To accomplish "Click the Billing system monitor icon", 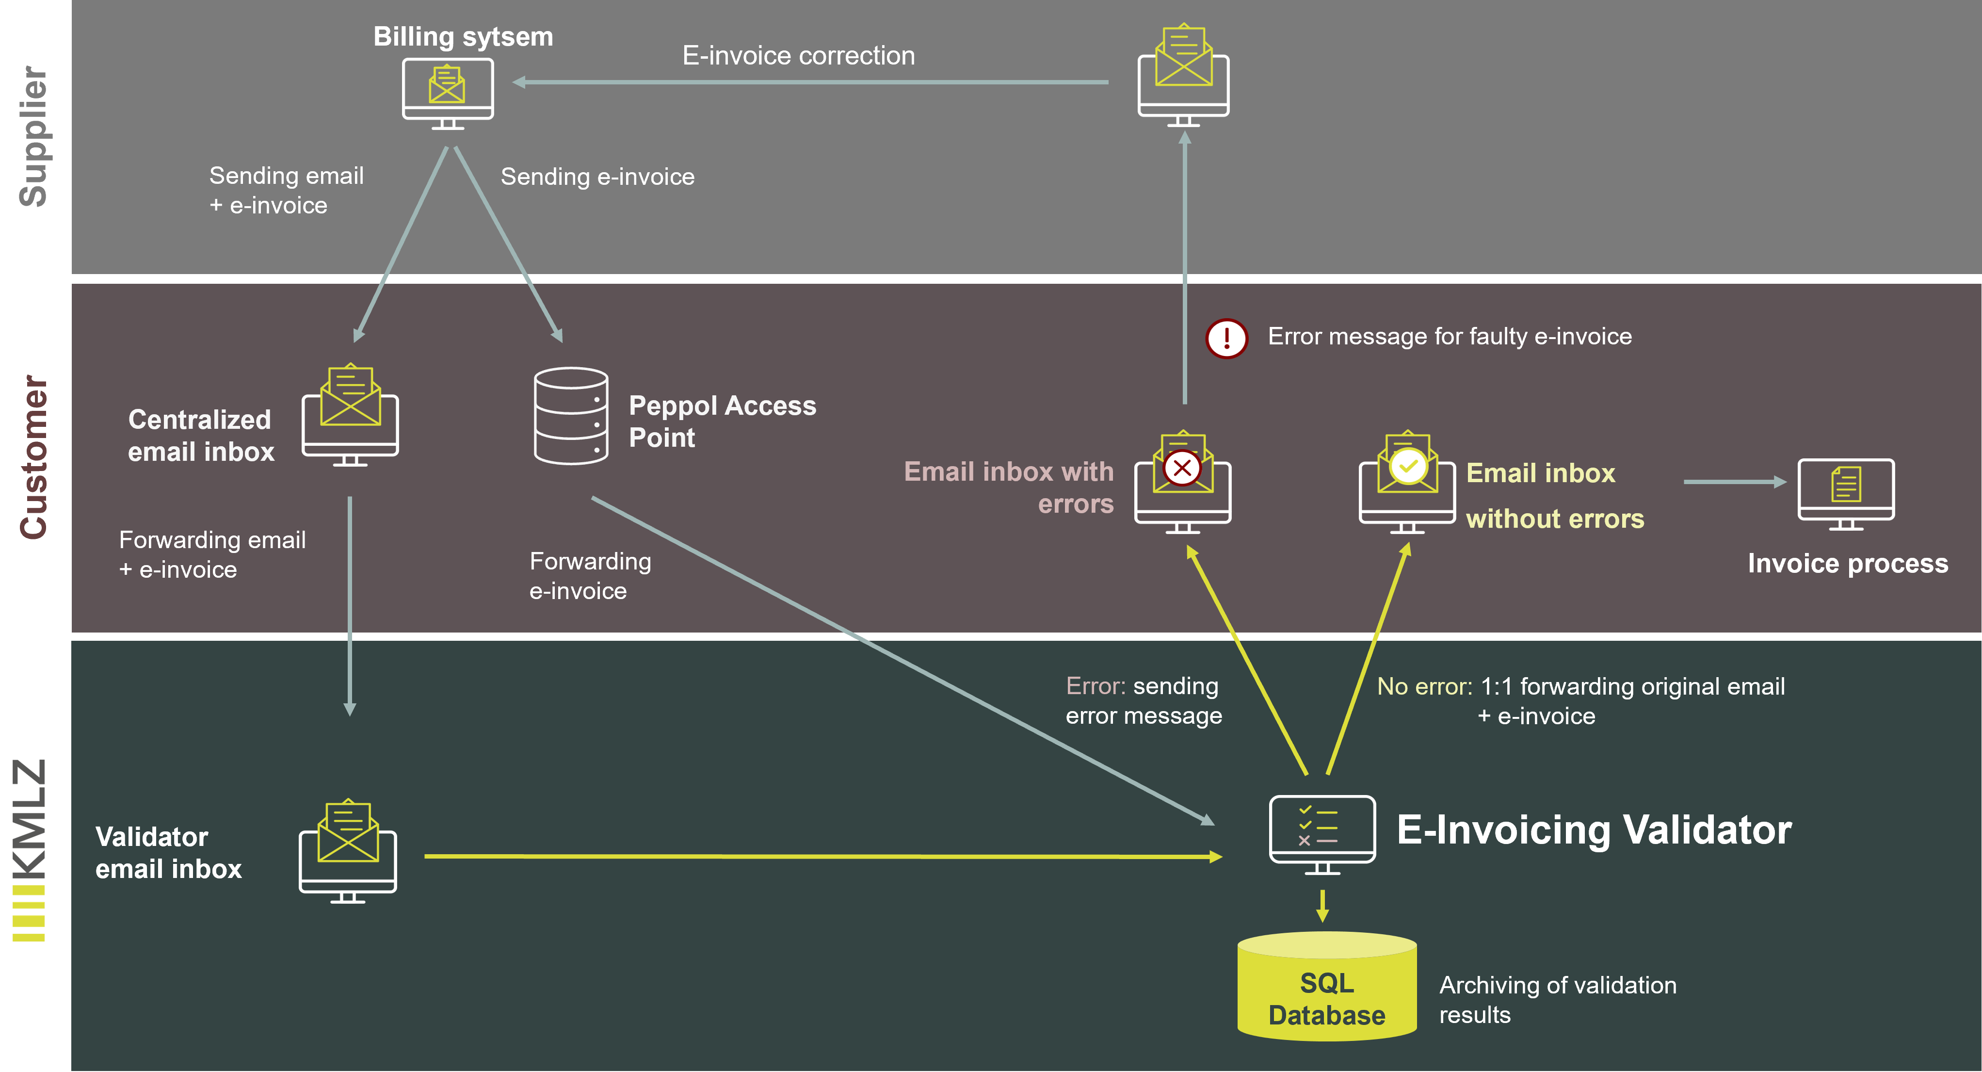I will click(448, 94).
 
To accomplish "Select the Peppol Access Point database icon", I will click(571, 416).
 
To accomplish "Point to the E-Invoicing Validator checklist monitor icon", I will click(1322, 833).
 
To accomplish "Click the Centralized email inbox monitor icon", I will click(350, 416).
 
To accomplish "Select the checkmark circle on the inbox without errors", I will click(1408, 466).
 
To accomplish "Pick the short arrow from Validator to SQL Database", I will click(1322, 905).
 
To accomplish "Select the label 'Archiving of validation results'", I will click(1557, 999).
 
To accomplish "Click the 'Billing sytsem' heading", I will click(463, 37).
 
